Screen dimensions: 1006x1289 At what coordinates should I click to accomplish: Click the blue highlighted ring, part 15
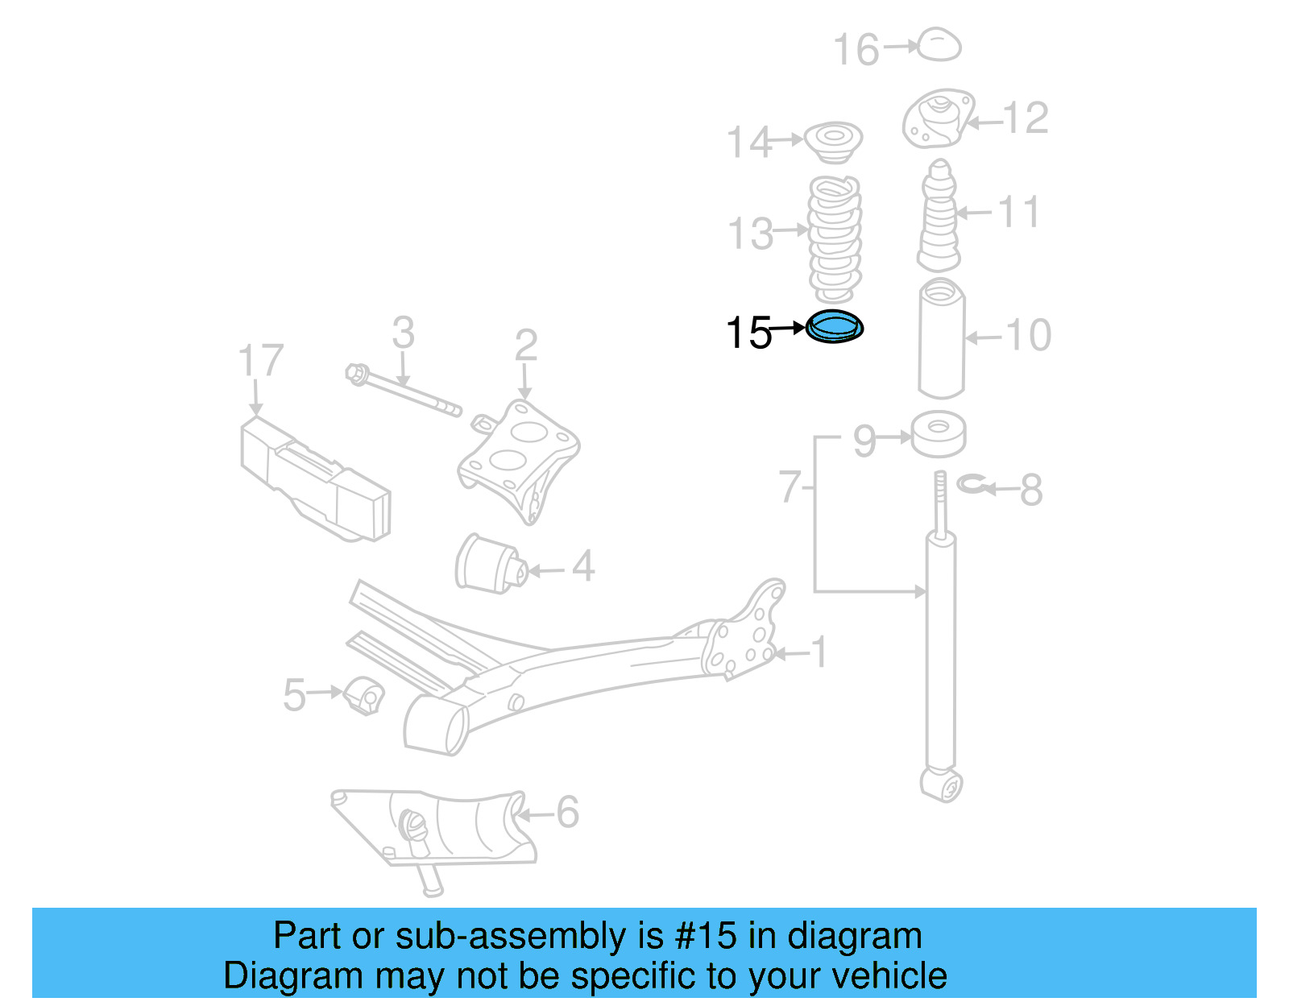pyautogui.click(x=835, y=327)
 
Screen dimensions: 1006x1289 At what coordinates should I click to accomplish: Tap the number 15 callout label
pyautogui.click(x=748, y=333)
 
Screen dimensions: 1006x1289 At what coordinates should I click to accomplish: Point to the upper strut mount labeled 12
pyautogui.click(x=937, y=119)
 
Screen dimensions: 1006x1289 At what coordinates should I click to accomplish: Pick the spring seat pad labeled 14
pyautogui.click(x=834, y=142)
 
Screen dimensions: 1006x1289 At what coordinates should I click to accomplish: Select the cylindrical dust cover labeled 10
pyautogui.click(x=941, y=338)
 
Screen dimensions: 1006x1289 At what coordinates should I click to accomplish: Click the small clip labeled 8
pyautogui.click(x=971, y=484)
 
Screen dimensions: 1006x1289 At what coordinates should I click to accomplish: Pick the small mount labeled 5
pyautogui.click(x=364, y=695)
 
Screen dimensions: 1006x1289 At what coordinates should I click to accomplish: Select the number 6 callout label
pyautogui.click(x=567, y=812)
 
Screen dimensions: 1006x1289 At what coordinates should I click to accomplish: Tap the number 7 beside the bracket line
pyautogui.click(x=790, y=486)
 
